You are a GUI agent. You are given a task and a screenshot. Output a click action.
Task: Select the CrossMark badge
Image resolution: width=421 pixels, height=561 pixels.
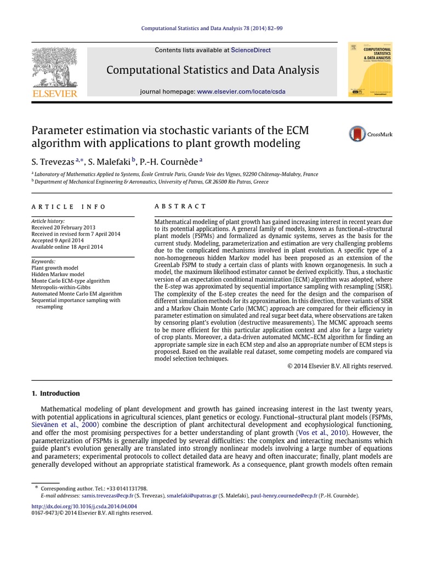(371, 134)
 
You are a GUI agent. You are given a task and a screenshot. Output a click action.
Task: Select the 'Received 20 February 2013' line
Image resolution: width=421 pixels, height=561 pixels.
(63, 227)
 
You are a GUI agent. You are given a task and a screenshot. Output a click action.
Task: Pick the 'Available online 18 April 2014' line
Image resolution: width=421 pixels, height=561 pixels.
(67, 247)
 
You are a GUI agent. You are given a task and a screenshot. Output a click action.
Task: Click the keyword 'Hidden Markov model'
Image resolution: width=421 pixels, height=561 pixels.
(58, 274)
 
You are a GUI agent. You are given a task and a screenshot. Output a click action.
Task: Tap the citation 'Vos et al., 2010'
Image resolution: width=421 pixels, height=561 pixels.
(321, 432)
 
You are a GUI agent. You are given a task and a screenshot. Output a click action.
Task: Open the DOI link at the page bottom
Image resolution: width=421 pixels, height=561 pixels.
(84, 506)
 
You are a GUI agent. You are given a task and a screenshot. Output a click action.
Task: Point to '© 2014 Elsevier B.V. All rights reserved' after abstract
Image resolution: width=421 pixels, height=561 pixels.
(340, 366)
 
